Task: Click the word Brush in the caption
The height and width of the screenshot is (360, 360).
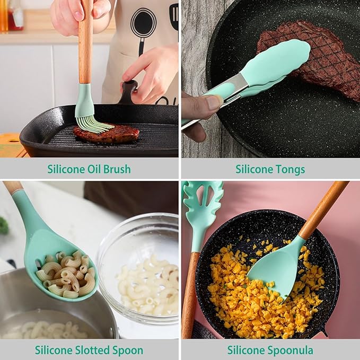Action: pyautogui.click(x=116, y=170)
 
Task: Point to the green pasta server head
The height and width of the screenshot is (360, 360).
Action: pyautogui.click(x=201, y=207)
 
